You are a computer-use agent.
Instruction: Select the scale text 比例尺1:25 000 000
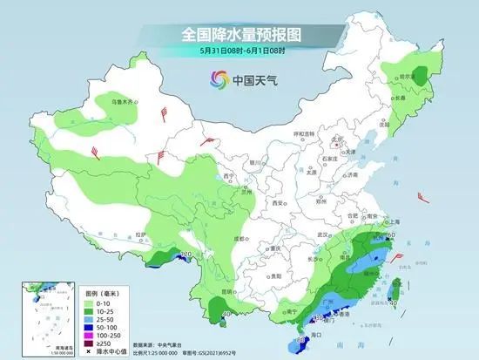click(x=149, y=352)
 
